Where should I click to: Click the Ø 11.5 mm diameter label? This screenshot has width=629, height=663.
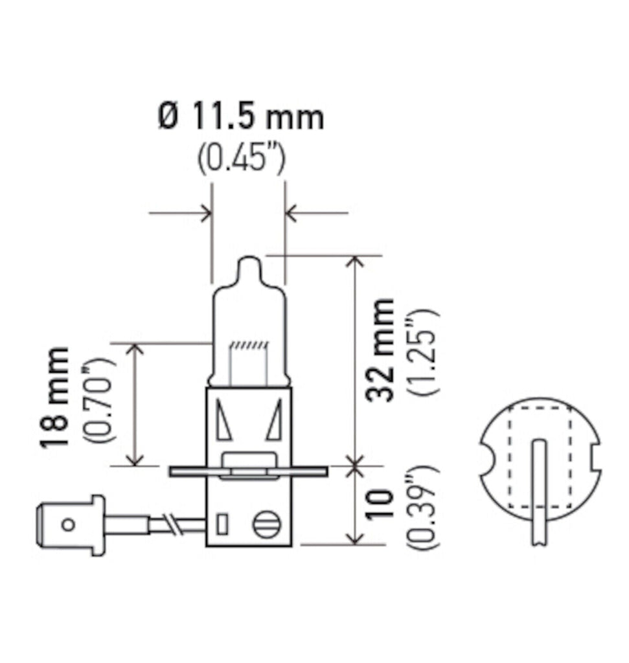(240, 118)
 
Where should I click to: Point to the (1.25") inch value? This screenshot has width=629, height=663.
(424, 351)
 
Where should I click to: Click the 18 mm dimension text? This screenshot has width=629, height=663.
(54, 398)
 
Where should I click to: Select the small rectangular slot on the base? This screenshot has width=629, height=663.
(222, 523)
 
